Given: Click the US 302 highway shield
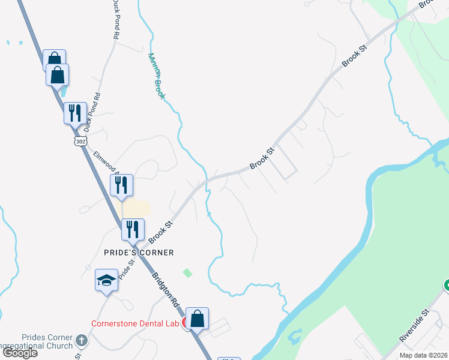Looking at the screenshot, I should tap(80, 140).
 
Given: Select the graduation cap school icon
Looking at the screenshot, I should tap(106, 281).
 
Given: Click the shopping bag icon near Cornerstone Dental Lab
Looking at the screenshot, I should tap(197, 318).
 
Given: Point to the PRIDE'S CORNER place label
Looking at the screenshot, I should tap(138, 253).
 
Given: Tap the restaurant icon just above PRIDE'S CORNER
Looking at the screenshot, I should tap(133, 229).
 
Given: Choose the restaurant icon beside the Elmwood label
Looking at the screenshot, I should tap(121, 185).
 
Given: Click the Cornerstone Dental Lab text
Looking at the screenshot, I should tap(135, 323).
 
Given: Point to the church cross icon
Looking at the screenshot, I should tap(82, 340).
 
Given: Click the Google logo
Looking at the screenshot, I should tap(20, 353).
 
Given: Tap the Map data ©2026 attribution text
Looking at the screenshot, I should tap(423, 355).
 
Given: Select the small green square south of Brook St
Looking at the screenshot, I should tap(187, 273).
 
